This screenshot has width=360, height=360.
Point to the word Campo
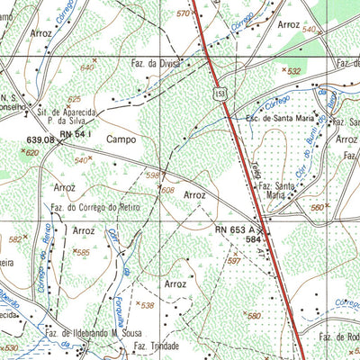point(121,139)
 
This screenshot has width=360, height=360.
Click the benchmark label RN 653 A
point(237,229)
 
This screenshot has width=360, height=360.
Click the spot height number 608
point(168,190)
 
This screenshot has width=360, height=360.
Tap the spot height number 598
point(153,175)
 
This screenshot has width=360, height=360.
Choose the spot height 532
point(292,70)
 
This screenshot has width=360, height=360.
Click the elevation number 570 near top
point(184,13)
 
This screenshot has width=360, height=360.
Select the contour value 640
point(87,67)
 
